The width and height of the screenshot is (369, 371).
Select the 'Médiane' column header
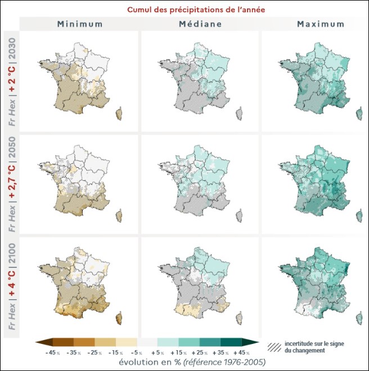pyautogui.click(x=199, y=24)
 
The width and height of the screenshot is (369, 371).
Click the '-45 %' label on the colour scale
pyautogui.click(x=52, y=352)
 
